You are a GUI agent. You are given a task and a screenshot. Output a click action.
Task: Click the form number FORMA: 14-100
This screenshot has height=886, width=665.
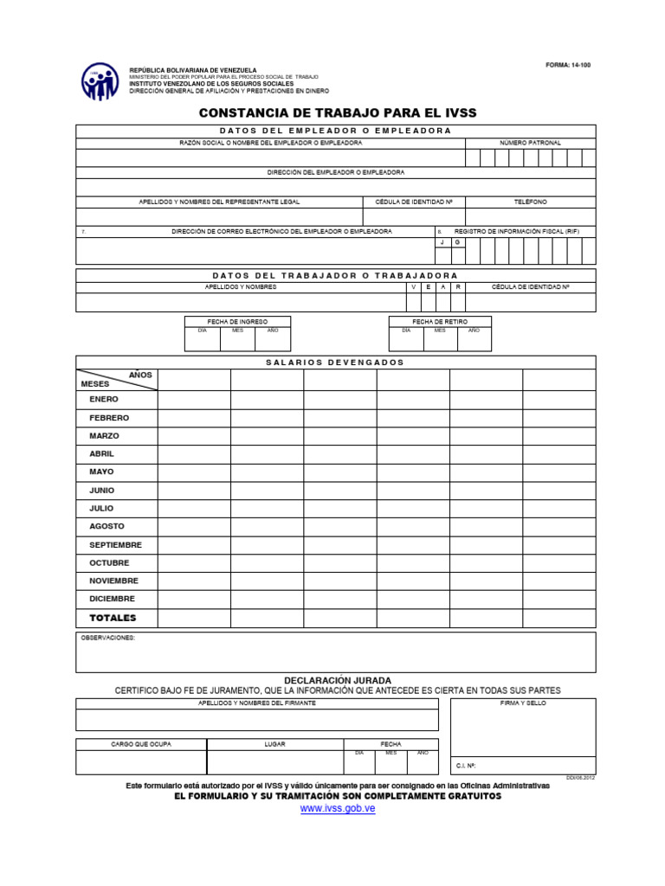[568, 65]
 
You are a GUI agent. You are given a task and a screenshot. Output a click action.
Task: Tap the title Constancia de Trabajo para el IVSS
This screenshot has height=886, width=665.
[338, 113]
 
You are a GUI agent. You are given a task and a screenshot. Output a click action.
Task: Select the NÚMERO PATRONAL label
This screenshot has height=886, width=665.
[530, 142]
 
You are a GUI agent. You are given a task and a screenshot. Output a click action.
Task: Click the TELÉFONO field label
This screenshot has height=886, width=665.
[530, 202]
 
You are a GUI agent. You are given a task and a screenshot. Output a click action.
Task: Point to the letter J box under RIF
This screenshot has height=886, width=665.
[442, 242]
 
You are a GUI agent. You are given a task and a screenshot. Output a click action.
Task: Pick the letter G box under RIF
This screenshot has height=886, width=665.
[457, 242]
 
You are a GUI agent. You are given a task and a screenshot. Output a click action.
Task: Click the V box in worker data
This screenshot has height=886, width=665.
[414, 286]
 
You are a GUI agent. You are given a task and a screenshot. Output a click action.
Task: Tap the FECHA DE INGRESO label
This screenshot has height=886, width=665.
[237, 321]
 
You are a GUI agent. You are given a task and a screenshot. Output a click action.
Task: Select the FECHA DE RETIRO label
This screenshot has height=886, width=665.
[439, 321]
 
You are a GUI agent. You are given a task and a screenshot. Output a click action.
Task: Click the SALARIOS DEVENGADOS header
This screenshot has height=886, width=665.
[335, 363]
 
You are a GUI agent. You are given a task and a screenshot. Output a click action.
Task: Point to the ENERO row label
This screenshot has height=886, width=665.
[104, 400]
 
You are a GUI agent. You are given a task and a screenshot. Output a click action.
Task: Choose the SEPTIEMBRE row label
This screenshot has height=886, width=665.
[115, 545]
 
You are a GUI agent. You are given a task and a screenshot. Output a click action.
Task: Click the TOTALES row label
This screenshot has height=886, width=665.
[113, 618]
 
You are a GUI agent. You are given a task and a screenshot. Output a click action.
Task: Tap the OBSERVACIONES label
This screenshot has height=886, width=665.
[108, 638]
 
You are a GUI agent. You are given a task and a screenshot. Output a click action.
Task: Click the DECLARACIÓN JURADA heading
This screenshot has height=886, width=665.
[338, 680]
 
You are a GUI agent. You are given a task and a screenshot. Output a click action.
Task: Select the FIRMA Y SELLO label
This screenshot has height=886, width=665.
[523, 703]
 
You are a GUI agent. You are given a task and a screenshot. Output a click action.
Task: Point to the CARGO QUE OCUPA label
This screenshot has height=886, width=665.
[141, 744]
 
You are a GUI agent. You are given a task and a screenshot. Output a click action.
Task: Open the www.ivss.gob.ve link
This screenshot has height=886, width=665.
[338, 808]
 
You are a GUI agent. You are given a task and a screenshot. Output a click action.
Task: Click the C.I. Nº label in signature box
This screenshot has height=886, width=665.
[466, 766]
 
